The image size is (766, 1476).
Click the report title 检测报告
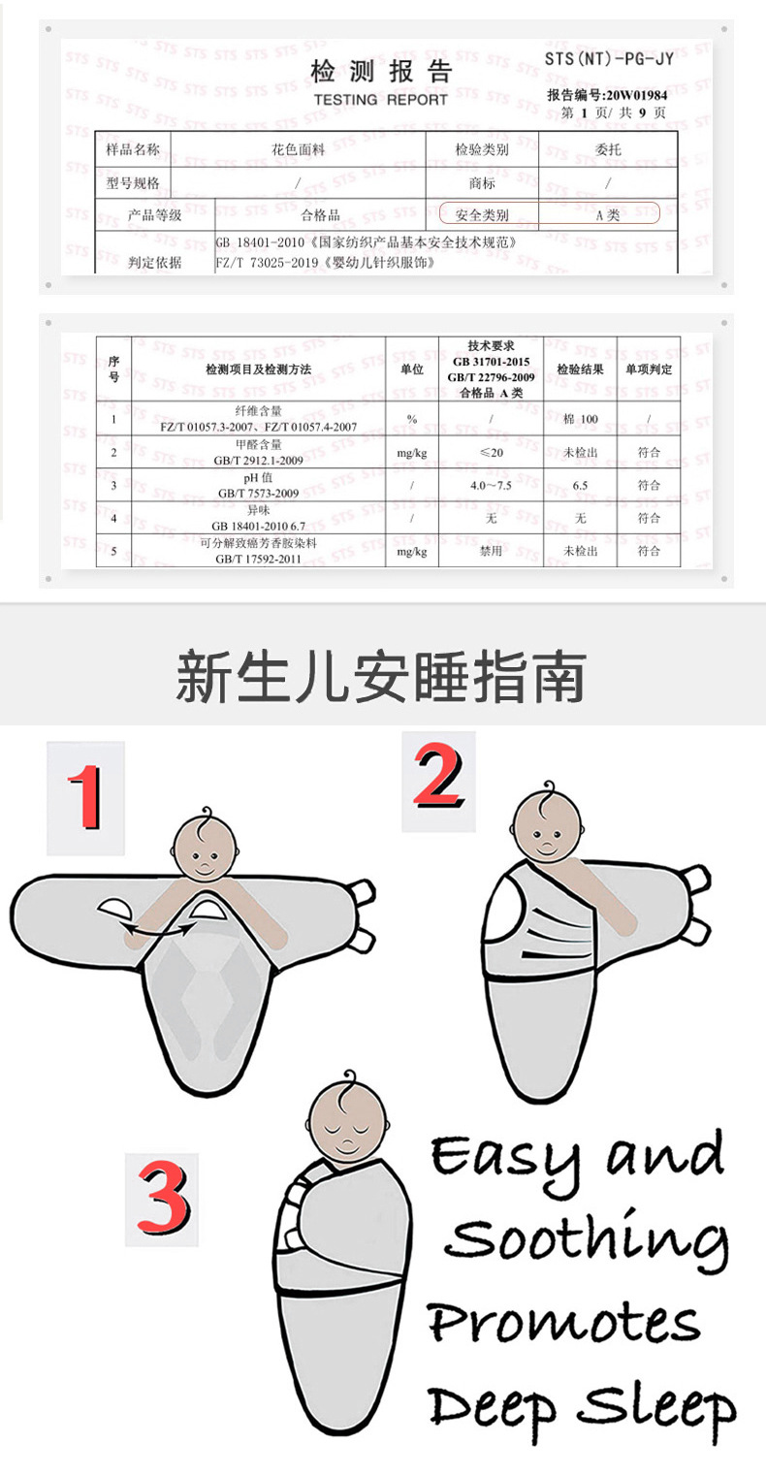click(381, 73)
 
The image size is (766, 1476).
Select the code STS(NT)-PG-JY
click(608, 59)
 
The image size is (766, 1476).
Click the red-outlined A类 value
click(607, 214)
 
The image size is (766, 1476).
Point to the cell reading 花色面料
click(297, 149)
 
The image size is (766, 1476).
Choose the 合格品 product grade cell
click(320, 214)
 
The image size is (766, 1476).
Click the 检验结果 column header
click(580, 369)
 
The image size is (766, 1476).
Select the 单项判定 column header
click(649, 369)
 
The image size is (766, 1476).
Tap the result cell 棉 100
click(580, 418)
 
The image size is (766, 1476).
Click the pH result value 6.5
click(581, 485)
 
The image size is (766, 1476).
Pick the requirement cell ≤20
click(491, 452)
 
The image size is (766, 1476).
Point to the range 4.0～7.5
click(491, 485)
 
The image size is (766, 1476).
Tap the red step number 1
click(85, 797)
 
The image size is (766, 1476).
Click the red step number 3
click(162, 1199)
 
